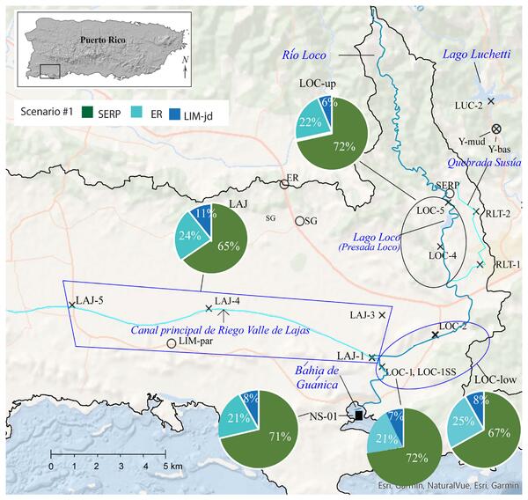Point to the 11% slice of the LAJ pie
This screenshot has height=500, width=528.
coord(202,214)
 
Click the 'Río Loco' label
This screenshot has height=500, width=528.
coord(304,55)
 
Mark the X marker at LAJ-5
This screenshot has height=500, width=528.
coord(71,305)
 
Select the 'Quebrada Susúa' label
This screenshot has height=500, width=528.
coord(480,161)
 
